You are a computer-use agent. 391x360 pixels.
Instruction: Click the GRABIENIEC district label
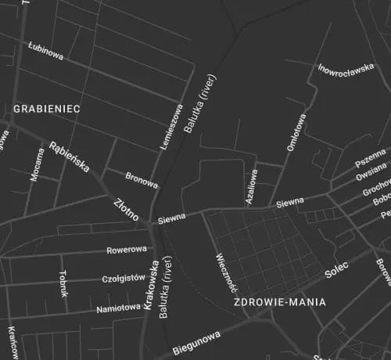coord(47,109)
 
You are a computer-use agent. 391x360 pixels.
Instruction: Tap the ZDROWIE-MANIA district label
coord(280,301)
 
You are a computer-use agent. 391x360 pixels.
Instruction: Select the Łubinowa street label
coord(45,51)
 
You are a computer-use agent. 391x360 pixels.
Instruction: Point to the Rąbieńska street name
coord(70,157)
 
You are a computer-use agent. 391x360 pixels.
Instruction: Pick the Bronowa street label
coord(142,179)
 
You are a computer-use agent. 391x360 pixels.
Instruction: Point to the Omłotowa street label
coord(296,134)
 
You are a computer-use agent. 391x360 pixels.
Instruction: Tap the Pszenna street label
coord(370,157)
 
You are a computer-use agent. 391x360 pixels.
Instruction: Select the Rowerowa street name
coord(127,250)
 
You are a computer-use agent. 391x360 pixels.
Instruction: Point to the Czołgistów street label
coord(124,279)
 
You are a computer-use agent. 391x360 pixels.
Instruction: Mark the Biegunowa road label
coord(196,343)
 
